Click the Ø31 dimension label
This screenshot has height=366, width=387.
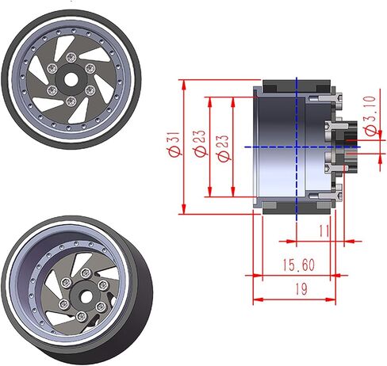pyautogui.click(x=174, y=144)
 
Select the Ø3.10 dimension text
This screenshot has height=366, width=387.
pyautogui.click(x=370, y=116)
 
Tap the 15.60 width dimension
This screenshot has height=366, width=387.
pyautogui.click(x=299, y=265)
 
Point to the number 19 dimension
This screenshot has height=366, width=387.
pyautogui.click(x=301, y=289)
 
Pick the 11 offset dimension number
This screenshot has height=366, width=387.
pyautogui.click(x=324, y=231)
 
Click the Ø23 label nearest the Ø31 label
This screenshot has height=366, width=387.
pyautogui.click(x=200, y=143)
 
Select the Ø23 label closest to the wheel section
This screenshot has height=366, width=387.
pyautogui.click(x=223, y=148)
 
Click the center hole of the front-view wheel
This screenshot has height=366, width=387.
pyautogui.click(x=70, y=79)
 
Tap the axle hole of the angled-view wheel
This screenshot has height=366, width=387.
pyautogui.click(x=85, y=297)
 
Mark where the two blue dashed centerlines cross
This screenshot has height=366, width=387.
pyautogui.click(x=297, y=147)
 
